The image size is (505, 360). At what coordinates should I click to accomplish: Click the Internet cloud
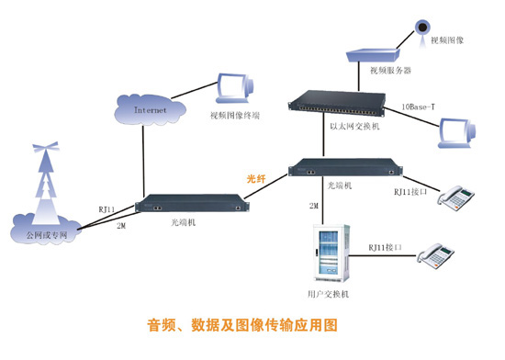[x=150, y=110]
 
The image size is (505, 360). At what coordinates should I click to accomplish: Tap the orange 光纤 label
[x=256, y=179]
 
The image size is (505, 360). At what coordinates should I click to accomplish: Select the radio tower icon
[x=47, y=183]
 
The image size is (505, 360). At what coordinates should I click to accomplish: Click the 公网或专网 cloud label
[x=47, y=235]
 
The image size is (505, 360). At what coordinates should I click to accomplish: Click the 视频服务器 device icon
[x=373, y=55]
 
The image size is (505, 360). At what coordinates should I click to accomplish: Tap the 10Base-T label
[x=418, y=107]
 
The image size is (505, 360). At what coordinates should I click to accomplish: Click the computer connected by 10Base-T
[x=457, y=133]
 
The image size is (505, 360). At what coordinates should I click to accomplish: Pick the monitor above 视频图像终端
[x=234, y=88]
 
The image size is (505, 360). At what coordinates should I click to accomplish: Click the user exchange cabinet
[x=331, y=253]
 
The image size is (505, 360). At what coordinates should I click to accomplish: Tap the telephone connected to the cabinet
[x=435, y=256]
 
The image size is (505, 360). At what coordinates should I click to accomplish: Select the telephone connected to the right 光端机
[x=455, y=197]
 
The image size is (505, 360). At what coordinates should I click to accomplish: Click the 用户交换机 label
[x=328, y=294]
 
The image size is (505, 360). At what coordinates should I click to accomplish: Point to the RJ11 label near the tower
[x=107, y=209]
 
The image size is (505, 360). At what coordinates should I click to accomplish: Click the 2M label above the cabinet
[x=314, y=206]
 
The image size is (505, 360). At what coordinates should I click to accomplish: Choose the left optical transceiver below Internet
[x=192, y=203]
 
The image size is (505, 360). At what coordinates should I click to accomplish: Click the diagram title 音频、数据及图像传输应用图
[x=242, y=325]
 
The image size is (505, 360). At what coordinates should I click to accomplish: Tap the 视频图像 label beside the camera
[x=447, y=40]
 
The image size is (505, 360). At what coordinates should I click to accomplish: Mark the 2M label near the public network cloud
[x=121, y=226]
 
